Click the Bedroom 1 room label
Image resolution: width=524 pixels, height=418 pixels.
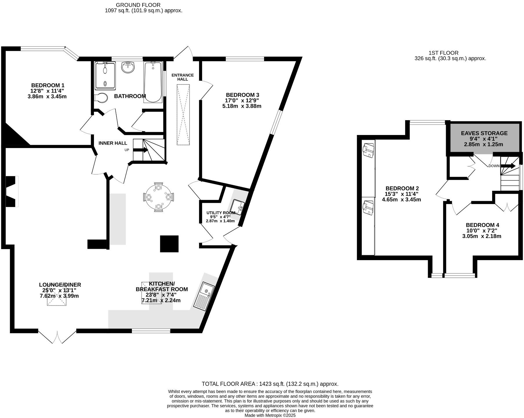coord(48,85)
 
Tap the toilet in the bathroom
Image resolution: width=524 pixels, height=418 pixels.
coord(101,98)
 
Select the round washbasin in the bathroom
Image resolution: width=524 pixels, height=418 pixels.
coord(128,67)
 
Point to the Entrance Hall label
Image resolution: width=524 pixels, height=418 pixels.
coord(183,77)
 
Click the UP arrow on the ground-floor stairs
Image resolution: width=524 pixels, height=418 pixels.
coord(141,150)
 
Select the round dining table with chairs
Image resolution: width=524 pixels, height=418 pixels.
coord(158,197)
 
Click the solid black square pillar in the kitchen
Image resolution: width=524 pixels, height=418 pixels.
coord(169,244)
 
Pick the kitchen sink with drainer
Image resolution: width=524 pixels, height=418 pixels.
coord(205,296)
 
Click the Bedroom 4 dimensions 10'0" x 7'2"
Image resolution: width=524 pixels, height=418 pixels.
coord(482,231)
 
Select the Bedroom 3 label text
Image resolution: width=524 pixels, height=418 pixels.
coord(242,95)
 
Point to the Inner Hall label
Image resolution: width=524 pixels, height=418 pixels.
coord(113,143)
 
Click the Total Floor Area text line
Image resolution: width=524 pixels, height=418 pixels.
coord(270,384)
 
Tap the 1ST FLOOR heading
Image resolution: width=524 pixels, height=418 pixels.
coord(443,53)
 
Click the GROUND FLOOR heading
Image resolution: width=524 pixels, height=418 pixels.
coord(138,5)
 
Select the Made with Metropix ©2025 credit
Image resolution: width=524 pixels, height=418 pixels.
coord(270,415)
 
